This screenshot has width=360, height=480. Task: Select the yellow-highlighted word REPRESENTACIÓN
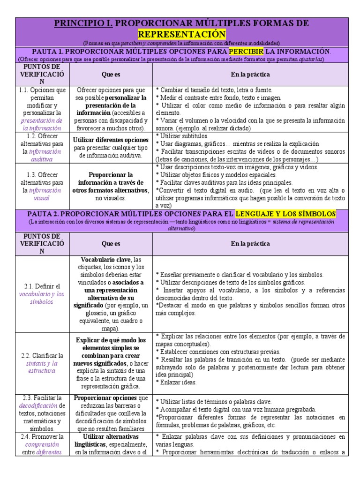[181, 34]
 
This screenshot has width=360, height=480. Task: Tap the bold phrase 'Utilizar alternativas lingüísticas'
[111, 440]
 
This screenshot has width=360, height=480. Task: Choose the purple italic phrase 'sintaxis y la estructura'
[41, 367]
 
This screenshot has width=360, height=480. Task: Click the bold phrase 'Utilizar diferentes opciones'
[111, 140]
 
